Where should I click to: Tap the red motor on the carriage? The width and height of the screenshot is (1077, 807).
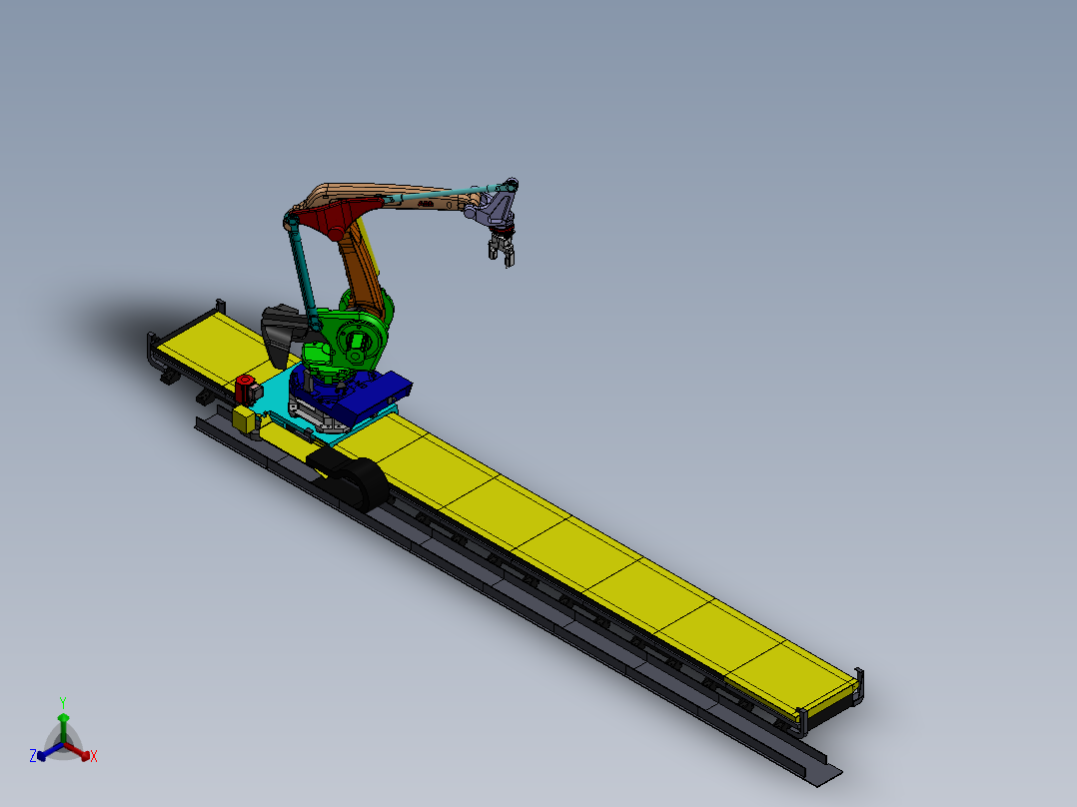(x=244, y=389)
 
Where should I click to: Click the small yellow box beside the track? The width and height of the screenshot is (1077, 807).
(x=244, y=419)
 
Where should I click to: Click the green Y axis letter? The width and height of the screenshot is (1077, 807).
(x=62, y=702)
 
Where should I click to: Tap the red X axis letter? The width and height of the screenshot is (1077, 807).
(x=93, y=757)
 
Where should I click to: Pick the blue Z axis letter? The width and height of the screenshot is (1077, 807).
(x=33, y=757)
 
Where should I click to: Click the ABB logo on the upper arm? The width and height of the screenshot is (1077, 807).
(x=425, y=203)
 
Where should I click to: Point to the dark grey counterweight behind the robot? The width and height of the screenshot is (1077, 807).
(x=281, y=329)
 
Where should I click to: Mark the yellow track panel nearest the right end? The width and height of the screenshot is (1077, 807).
(x=789, y=679)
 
